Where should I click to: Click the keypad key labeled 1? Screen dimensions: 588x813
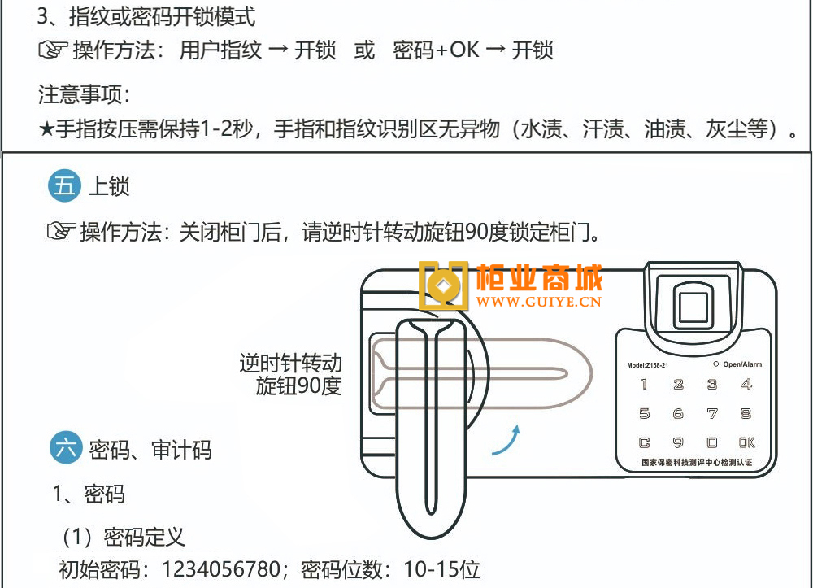coord(645,385)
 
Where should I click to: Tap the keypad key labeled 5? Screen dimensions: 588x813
coord(645,414)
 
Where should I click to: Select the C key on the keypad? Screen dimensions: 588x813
coord(645,443)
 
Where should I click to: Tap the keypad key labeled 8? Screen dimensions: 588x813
coord(746,414)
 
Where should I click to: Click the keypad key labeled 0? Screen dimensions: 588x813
coord(712,443)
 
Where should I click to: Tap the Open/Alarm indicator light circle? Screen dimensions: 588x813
coord(715,364)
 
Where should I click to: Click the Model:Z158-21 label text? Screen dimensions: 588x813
coord(648,365)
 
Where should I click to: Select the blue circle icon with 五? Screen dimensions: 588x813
coord(64,186)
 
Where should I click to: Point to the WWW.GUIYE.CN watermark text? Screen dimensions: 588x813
coord(539,303)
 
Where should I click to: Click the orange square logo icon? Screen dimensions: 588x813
coord(444,286)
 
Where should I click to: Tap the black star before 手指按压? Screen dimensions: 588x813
coord(46,129)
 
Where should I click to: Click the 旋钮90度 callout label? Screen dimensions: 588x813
coord(298,386)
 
